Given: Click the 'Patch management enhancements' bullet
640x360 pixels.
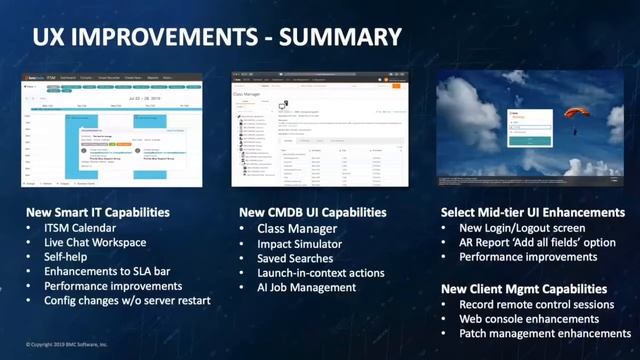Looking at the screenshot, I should coord(545,333).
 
